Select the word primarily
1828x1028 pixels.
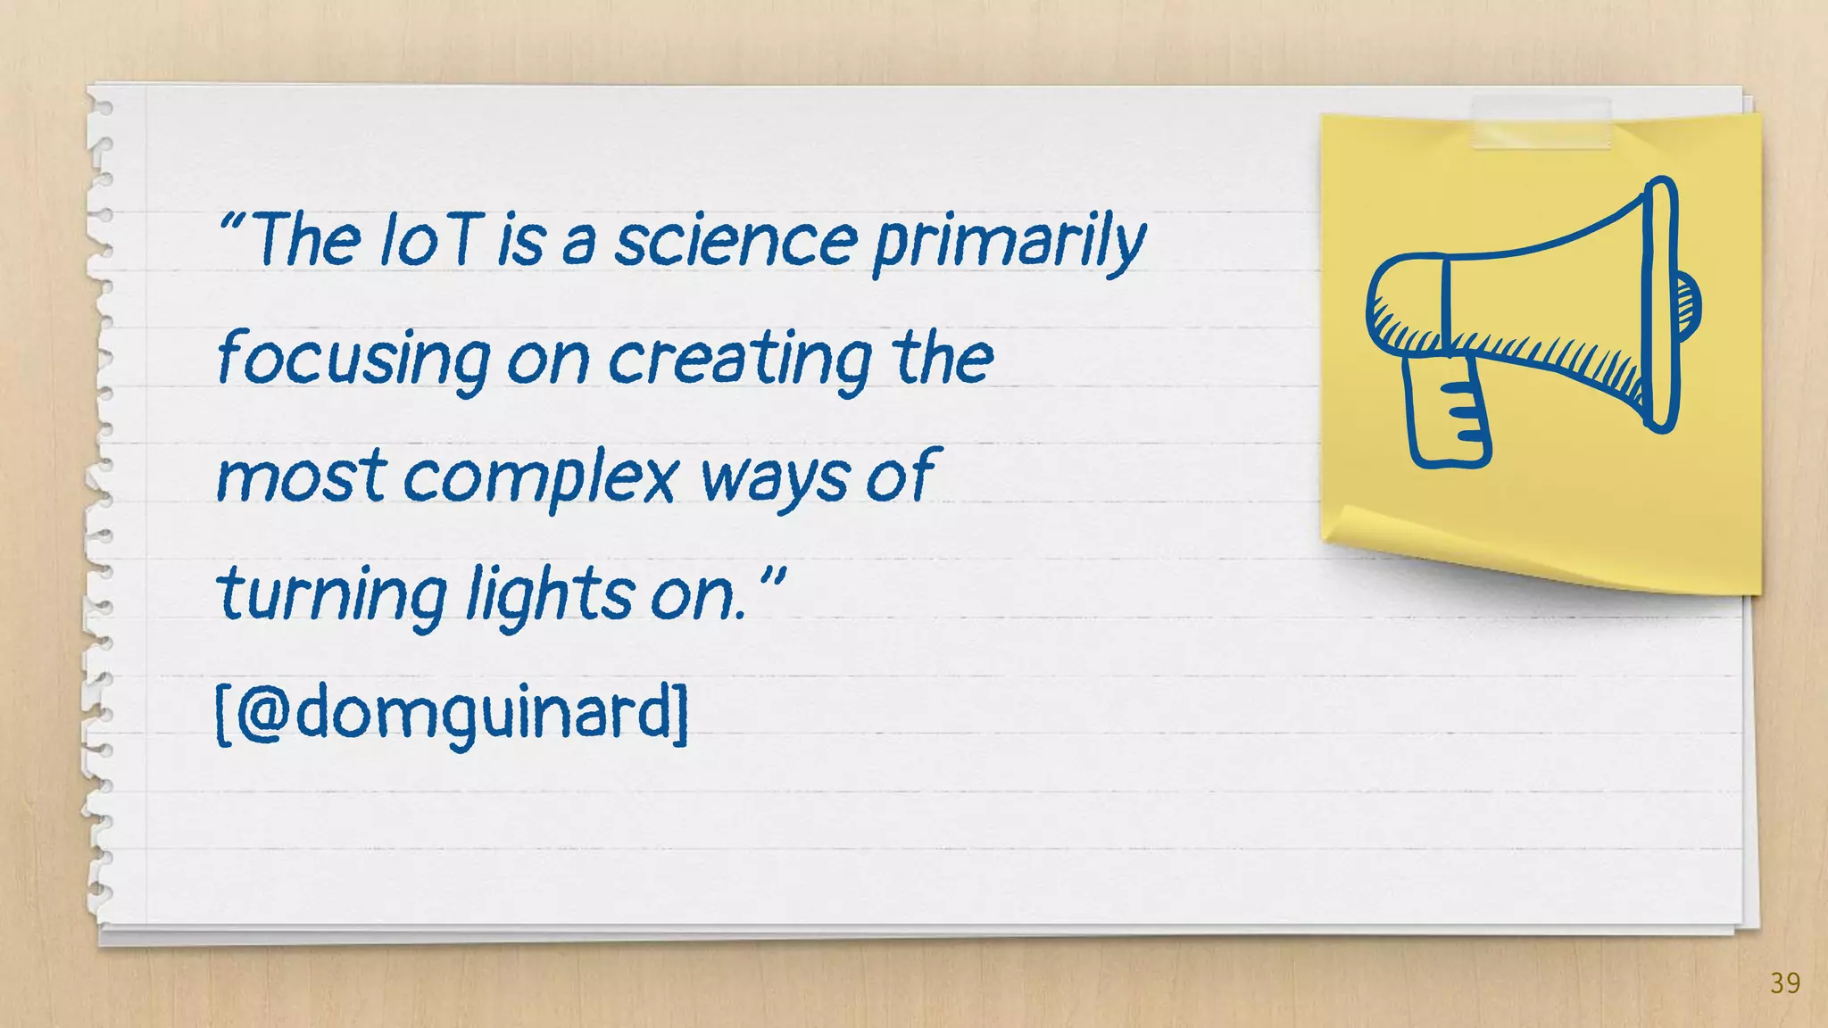click(x=1009, y=243)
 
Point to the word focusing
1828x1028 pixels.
click(x=353, y=360)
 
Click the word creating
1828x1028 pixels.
click(x=740, y=360)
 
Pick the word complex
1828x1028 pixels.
click(x=541, y=477)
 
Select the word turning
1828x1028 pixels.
click(x=331, y=595)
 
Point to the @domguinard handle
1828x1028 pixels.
click(x=453, y=714)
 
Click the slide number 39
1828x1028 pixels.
click(x=1785, y=983)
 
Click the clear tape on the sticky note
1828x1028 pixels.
click(x=1541, y=123)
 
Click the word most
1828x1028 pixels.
click(x=301, y=477)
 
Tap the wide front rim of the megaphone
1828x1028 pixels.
click(x=1660, y=303)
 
